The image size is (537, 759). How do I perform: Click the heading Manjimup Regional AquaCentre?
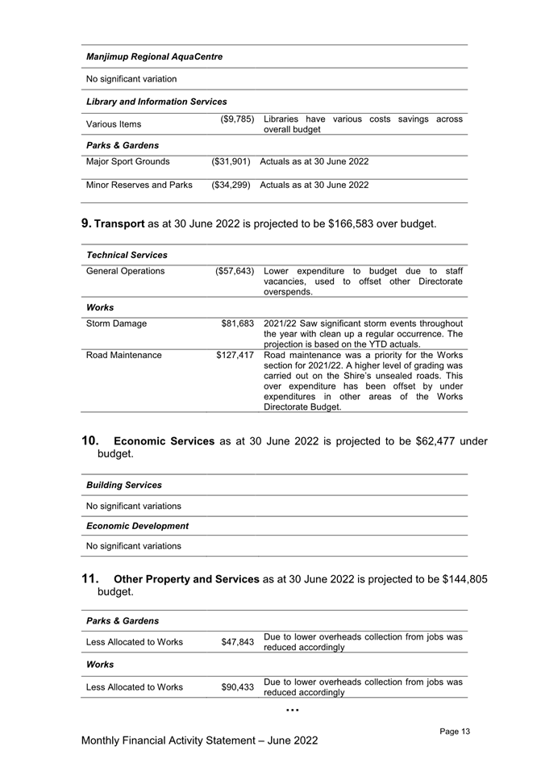tap(154, 57)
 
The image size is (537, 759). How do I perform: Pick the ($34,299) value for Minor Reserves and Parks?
tap(231, 186)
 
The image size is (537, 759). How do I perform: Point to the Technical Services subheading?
tap(127, 255)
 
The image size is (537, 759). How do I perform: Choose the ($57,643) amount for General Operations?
tap(231, 271)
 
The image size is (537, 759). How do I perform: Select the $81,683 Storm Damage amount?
tap(238, 323)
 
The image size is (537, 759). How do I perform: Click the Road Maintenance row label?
tap(123, 355)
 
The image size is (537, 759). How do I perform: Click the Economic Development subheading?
tap(137, 526)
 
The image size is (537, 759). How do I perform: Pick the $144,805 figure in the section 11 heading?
tap(459, 578)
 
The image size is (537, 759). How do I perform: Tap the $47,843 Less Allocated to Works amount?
tap(238, 643)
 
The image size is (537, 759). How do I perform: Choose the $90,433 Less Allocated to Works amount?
tap(238, 687)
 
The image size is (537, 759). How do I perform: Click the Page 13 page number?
tap(455, 732)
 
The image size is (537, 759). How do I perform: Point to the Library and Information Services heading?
tap(156, 102)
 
